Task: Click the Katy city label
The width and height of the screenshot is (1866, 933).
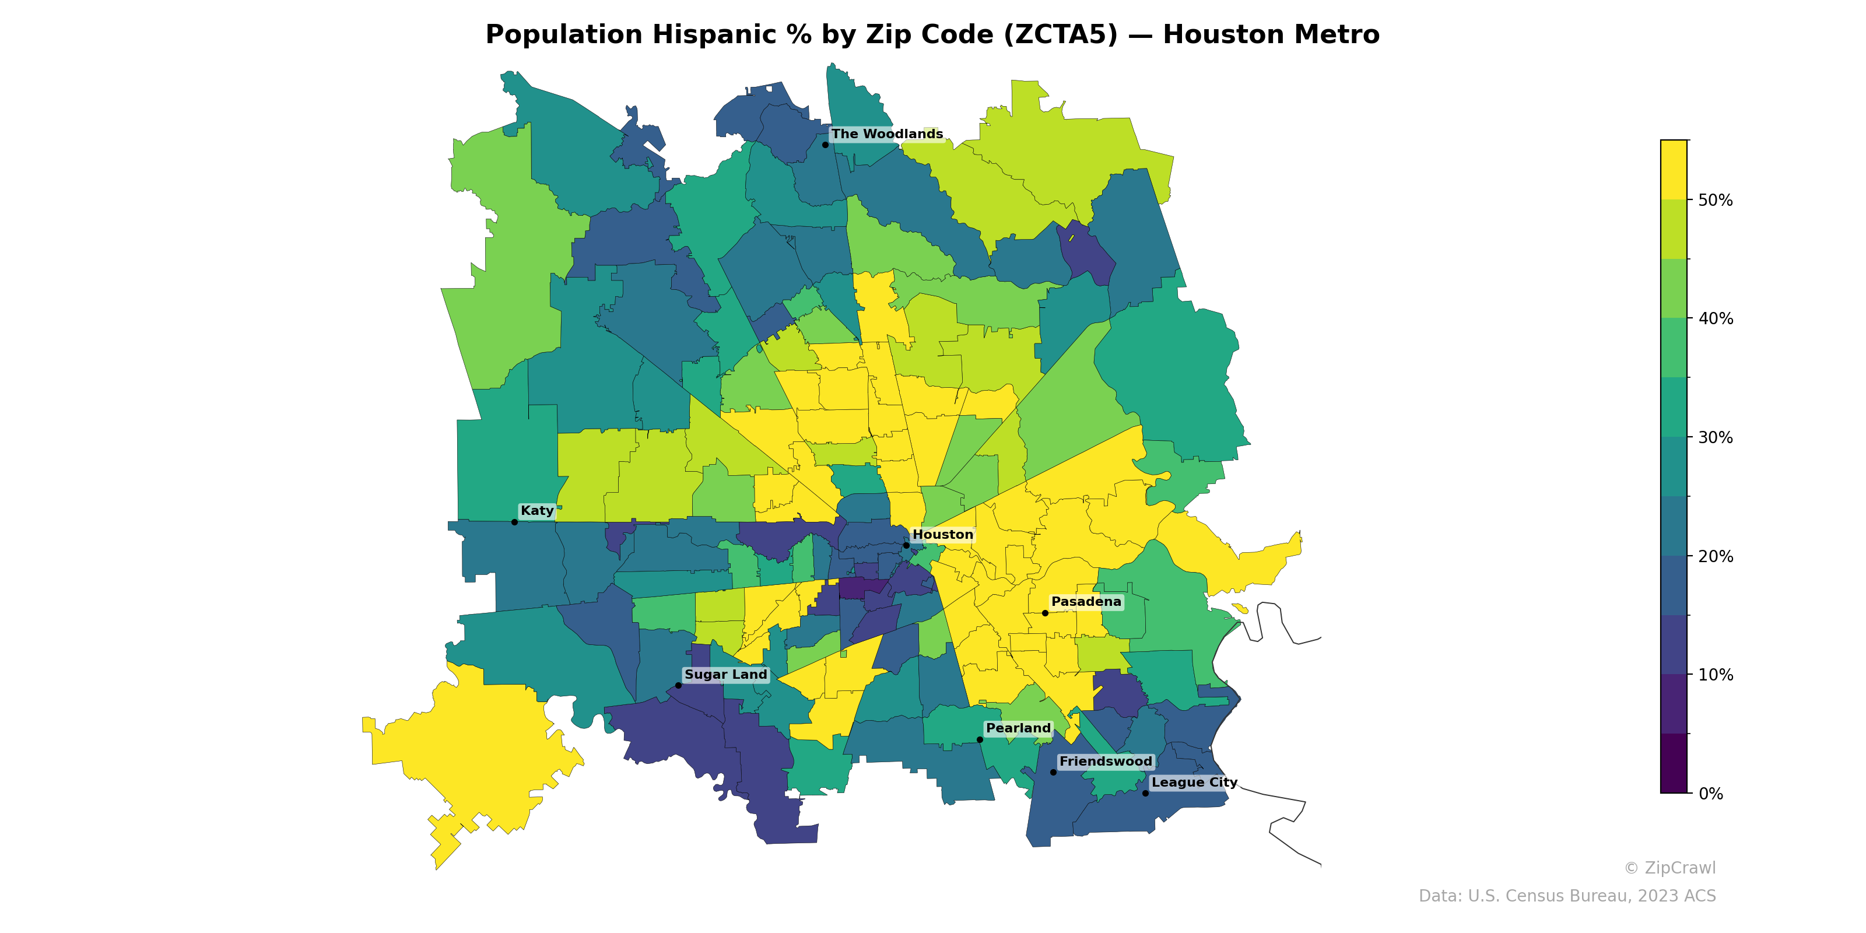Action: [x=536, y=511]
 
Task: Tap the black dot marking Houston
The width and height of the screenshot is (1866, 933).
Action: [x=906, y=545]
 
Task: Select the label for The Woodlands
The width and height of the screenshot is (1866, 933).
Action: [x=886, y=134]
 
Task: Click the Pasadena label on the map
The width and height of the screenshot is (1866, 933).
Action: [x=1086, y=602]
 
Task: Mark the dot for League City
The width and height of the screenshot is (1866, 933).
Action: [x=1145, y=793]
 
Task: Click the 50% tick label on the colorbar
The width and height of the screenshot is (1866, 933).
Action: [x=1716, y=200]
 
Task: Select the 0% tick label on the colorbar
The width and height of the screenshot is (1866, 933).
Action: [x=1711, y=794]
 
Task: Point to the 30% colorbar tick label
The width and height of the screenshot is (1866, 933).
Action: [x=1716, y=437]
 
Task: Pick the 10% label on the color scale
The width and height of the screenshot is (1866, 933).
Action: [x=1716, y=675]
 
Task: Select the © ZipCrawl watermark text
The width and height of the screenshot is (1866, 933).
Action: [x=1669, y=868]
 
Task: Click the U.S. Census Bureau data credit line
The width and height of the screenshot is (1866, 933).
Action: [x=1567, y=896]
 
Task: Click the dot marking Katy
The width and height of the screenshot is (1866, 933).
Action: [x=514, y=522]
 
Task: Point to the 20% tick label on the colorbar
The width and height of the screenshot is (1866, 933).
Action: [x=1716, y=556]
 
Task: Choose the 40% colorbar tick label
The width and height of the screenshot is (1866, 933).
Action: [x=1716, y=319]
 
